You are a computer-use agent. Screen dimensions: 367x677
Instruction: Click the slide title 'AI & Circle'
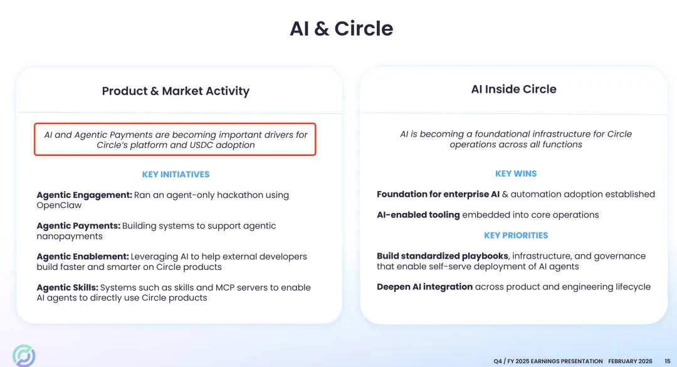tap(341, 29)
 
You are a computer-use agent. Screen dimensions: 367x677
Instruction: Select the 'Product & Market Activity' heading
tap(176, 91)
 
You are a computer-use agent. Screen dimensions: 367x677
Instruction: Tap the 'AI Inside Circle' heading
tap(513, 89)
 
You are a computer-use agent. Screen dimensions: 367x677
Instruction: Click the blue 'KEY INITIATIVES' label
tap(176, 174)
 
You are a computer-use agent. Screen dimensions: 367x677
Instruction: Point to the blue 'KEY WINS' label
tap(516, 173)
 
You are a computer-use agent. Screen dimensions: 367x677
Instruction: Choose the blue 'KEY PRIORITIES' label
tap(516, 235)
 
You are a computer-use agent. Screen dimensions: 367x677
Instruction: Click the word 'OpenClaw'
tap(59, 205)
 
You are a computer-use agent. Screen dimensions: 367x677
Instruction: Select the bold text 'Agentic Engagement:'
tap(84, 195)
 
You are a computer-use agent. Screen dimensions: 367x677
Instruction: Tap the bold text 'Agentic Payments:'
tap(78, 225)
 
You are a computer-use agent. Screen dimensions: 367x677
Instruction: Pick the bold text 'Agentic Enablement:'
tap(83, 256)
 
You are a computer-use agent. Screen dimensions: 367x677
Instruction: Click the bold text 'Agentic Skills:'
tap(67, 287)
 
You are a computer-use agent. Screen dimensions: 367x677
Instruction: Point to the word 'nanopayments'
tap(69, 236)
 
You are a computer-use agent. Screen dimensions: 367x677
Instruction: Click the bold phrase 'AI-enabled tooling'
tap(418, 215)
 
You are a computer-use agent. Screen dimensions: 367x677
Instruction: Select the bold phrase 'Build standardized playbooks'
tap(443, 256)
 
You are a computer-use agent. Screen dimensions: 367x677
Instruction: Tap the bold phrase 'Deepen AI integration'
tap(424, 287)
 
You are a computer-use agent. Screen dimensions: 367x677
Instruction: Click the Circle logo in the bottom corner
tap(24, 355)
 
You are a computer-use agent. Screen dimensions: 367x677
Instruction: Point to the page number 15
tap(666, 361)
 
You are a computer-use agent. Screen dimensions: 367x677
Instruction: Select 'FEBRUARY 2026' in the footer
tap(630, 361)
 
